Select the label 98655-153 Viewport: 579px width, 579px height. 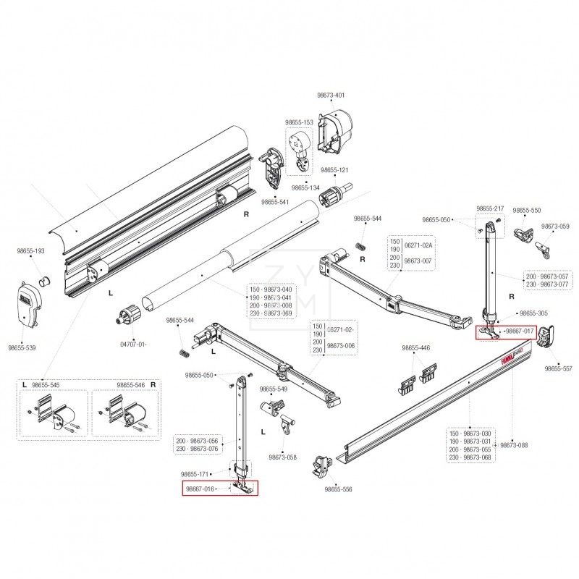pos(299,122)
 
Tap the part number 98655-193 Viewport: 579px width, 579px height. pos(31,250)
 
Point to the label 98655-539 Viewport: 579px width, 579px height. pos(22,347)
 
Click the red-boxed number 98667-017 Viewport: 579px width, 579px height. pos(519,331)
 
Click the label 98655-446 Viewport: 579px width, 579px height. pos(415,348)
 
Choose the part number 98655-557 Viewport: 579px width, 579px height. pos(557,368)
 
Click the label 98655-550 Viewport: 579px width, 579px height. pos(526,210)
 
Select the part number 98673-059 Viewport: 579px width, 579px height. pos(555,227)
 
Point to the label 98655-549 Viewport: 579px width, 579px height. pos(273,389)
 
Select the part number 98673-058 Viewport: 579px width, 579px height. pos(282,457)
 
